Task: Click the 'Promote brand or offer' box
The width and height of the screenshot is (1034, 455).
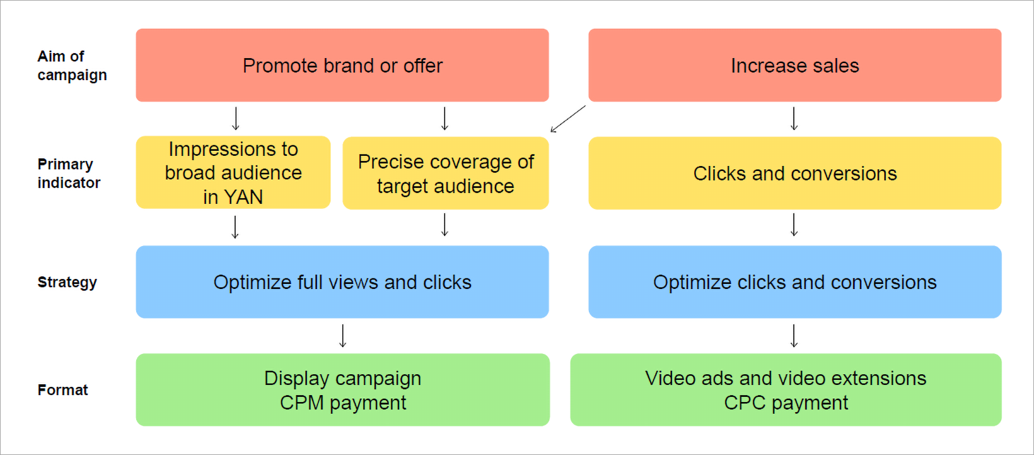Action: click(x=342, y=66)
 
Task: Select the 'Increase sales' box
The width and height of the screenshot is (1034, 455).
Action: click(x=794, y=66)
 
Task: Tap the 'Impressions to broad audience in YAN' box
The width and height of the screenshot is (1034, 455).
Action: click(x=233, y=172)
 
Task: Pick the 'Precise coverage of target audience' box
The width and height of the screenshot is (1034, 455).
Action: click(x=445, y=174)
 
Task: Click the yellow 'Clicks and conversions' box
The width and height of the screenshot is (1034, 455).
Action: click(x=794, y=174)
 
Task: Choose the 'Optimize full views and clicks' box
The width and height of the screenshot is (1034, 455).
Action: click(x=342, y=282)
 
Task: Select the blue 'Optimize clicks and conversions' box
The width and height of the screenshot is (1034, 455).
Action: click(x=794, y=282)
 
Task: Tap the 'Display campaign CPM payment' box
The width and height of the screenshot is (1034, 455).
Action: click(x=342, y=390)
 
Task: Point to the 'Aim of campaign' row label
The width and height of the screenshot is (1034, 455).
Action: click(x=72, y=66)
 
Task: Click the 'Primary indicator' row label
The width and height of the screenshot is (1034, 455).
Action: click(x=69, y=174)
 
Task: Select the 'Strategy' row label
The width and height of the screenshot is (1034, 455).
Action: click(x=67, y=282)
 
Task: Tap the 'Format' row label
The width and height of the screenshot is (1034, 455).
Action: click(x=62, y=390)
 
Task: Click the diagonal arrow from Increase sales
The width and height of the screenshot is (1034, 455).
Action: click(x=567, y=119)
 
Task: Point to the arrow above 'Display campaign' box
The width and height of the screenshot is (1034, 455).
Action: click(x=342, y=336)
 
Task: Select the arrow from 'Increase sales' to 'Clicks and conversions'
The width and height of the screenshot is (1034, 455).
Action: click(x=794, y=119)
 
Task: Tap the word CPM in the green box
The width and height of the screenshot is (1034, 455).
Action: click(x=301, y=403)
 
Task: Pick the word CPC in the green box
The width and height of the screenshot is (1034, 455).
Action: click(x=745, y=403)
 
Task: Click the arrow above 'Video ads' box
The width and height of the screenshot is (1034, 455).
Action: click(x=794, y=336)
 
